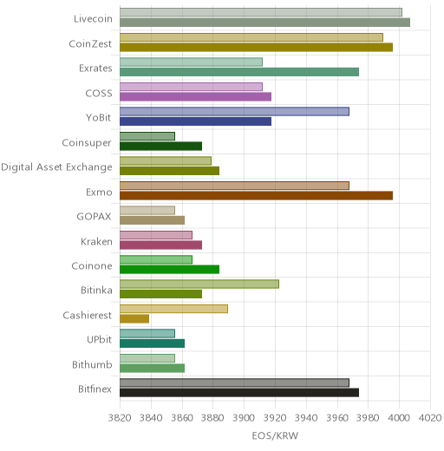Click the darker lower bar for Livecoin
coord(264,23)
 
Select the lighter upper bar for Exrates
coord(191,62)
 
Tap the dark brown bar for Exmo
coord(256,196)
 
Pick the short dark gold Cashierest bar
coord(134,318)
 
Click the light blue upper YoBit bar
coord(234,112)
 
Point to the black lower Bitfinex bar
coord(239,393)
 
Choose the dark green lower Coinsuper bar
coord(160,147)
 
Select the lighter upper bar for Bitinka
coord(199,284)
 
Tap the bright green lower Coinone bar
coord(169,270)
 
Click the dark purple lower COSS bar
coord(195,97)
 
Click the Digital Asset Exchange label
coord(56,167)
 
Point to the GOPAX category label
coord(95,217)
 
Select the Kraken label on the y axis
coord(96,241)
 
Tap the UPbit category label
coord(99,339)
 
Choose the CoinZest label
coord(90,44)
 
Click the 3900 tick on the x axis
coord(244,418)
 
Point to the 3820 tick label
coord(120,418)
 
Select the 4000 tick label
coord(399,418)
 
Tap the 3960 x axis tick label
coord(337,418)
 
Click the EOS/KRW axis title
coord(275,436)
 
